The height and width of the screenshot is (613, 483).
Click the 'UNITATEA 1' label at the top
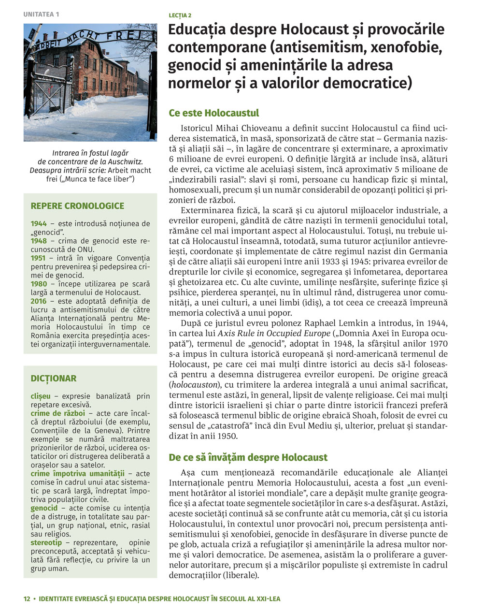tap(41, 14)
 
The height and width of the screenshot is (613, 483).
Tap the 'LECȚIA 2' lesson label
tap(180, 15)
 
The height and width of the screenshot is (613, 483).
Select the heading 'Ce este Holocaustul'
tap(214, 113)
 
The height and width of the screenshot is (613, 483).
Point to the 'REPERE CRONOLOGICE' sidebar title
tap(77, 206)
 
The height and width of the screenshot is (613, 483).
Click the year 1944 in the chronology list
tap(39, 224)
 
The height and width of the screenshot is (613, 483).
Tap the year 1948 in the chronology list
tap(39, 241)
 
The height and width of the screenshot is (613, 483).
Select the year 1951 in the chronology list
tap(39, 258)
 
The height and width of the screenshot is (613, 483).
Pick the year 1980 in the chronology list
tap(39, 284)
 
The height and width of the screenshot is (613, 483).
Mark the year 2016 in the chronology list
tap(39, 301)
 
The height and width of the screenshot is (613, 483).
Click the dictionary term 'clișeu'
tap(41, 396)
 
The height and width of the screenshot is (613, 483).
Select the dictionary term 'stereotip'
tap(46, 543)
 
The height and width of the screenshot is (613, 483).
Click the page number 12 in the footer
tap(27, 599)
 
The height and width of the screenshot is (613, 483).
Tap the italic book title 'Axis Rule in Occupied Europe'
tap(273, 333)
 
